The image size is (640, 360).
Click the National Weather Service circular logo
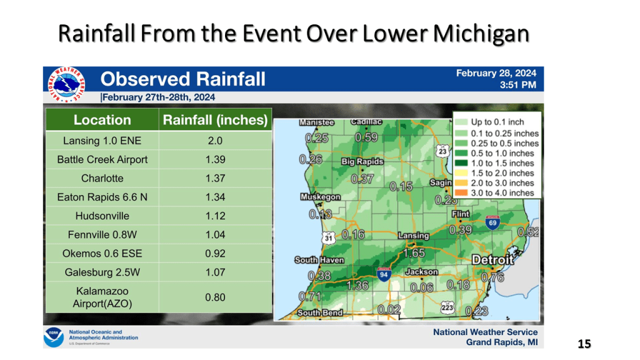pyautogui.click(x=66, y=84)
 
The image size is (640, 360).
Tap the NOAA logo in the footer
pyautogui.click(x=54, y=337)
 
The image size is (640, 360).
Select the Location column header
pyautogui.click(x=102, y=119)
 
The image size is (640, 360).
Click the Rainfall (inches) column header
pyautogui.click(x=215, y=119)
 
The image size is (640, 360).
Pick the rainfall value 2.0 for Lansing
pyautogui.click(x=215, y=141)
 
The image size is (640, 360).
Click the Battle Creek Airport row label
pyautogui.click(x=102, y=159)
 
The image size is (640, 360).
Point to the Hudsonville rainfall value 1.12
pyautogui.click(x=215, y=216)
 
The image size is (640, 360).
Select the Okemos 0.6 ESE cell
pyautogui.click(x=102, y=254)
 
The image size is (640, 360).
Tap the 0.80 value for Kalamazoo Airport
pyautogui.click(x=215, y=297)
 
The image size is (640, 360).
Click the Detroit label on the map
pyautogui.click(x=492, y=260)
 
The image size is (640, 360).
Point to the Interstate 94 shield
pyautogui.click(x=384, y=274)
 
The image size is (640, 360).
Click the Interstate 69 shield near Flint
pyautogui.click(x=492, y=222)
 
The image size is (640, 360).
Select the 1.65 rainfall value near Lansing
pyautogui.click(x=414, y=253)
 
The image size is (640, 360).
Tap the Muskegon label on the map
pyautogui.click(x=321, y=197)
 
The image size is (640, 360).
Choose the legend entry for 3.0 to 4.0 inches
pyautogui.click(x=496, y=192)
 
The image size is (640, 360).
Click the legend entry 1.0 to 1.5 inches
pyautogui.click(x=496, y=163)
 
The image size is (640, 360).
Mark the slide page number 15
pyautogui.click(x=584, y=344)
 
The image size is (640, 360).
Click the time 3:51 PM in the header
pyautogui.click(x=518, y=85)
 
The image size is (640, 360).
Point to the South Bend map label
pyautogui.click(x=320, y=313)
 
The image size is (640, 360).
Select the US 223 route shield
pyautogui.click(x=447, y=307)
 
